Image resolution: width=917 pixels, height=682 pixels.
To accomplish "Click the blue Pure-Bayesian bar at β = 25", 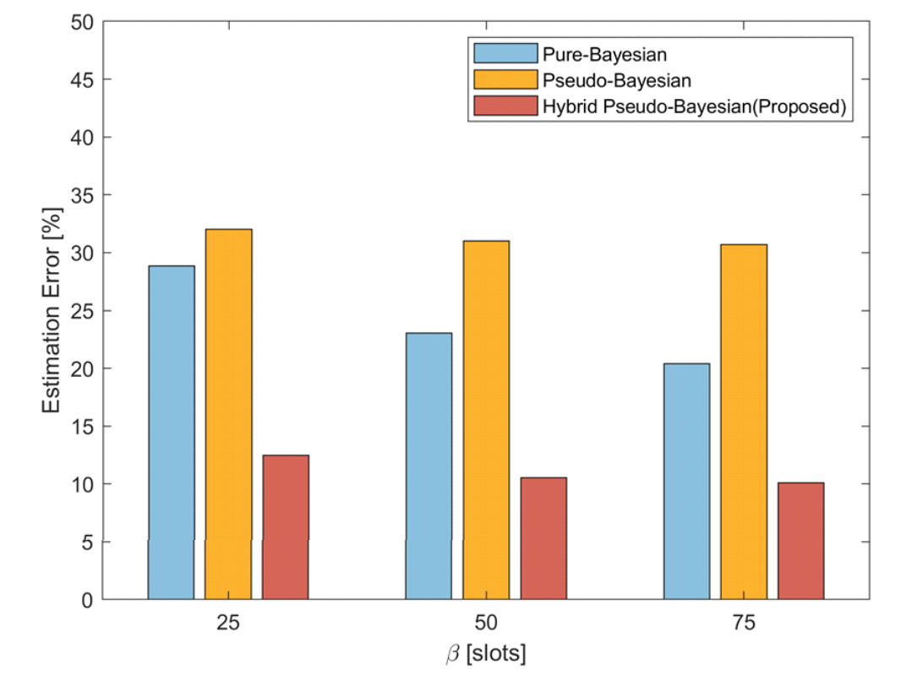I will point(171,432).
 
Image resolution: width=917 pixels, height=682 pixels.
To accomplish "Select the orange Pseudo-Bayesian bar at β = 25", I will point(228,414).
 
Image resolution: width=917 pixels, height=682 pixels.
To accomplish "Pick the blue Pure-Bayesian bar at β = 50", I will point(428,466).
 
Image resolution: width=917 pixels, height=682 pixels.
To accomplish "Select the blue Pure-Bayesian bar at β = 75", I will point(686,481).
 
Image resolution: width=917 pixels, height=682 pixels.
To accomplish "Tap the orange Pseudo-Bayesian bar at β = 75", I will point(744,422).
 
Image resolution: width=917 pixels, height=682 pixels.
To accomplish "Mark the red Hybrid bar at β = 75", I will point(801,541).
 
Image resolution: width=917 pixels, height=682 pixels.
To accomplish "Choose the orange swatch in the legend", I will point(505,80).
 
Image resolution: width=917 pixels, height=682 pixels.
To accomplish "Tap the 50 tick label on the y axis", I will point(81,22).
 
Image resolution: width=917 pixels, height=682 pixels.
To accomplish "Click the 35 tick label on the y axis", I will point(81,195).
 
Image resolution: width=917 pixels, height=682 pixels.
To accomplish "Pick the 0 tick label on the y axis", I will point(86,600).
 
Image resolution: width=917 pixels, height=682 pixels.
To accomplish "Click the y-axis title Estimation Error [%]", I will point(52,311).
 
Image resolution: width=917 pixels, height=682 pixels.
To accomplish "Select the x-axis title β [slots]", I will point(486,653).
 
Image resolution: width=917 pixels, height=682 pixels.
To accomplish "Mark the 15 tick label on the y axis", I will point(81,427).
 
